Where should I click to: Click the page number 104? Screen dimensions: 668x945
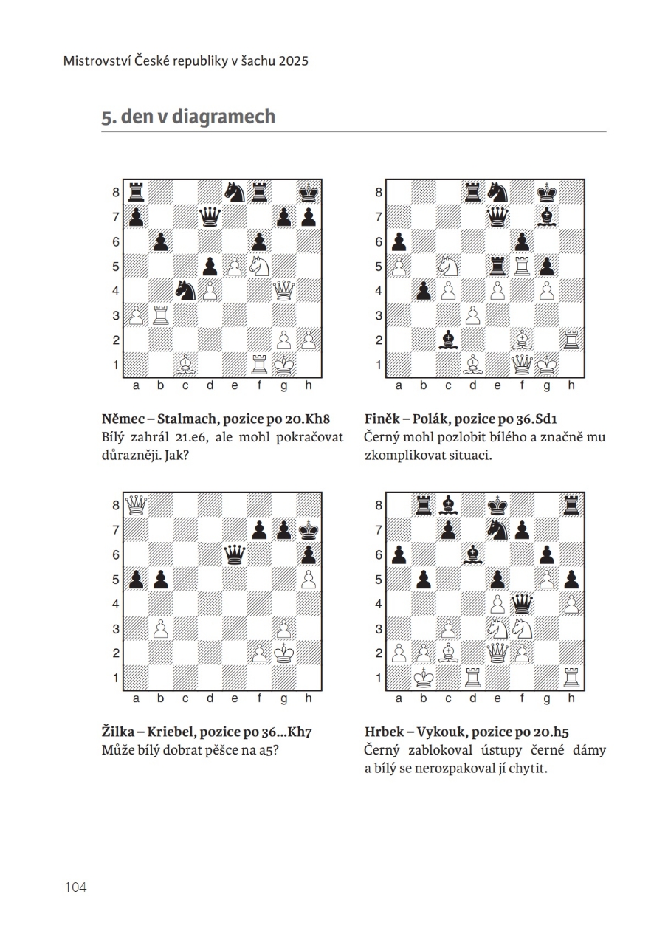[76, 887]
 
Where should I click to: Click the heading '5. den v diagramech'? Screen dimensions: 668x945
[188, 117]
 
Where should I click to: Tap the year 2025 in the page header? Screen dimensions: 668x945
[293, 61]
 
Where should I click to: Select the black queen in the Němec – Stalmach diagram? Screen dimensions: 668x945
[210, 217]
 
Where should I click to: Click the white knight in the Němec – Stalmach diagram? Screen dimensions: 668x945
[259, 266]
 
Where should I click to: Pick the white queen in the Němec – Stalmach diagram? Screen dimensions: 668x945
[284, 290]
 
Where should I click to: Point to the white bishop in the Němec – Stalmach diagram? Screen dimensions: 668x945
[185, 365]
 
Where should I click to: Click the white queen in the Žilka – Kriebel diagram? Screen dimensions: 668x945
[136, 505]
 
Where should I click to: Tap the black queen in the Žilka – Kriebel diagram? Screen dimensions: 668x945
[235, 554]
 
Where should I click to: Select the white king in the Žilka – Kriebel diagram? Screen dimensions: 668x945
[284, 653]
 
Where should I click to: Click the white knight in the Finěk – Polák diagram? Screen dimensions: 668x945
[448, 266]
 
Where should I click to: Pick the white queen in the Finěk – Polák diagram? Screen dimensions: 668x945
[522, 365]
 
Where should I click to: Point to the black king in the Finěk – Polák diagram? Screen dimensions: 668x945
[547, 193]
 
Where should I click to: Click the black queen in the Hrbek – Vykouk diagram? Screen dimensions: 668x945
[522, 604]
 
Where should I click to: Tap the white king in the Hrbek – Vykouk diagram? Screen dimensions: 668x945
[424, 678]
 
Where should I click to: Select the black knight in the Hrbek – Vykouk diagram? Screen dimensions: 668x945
[497, 530]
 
